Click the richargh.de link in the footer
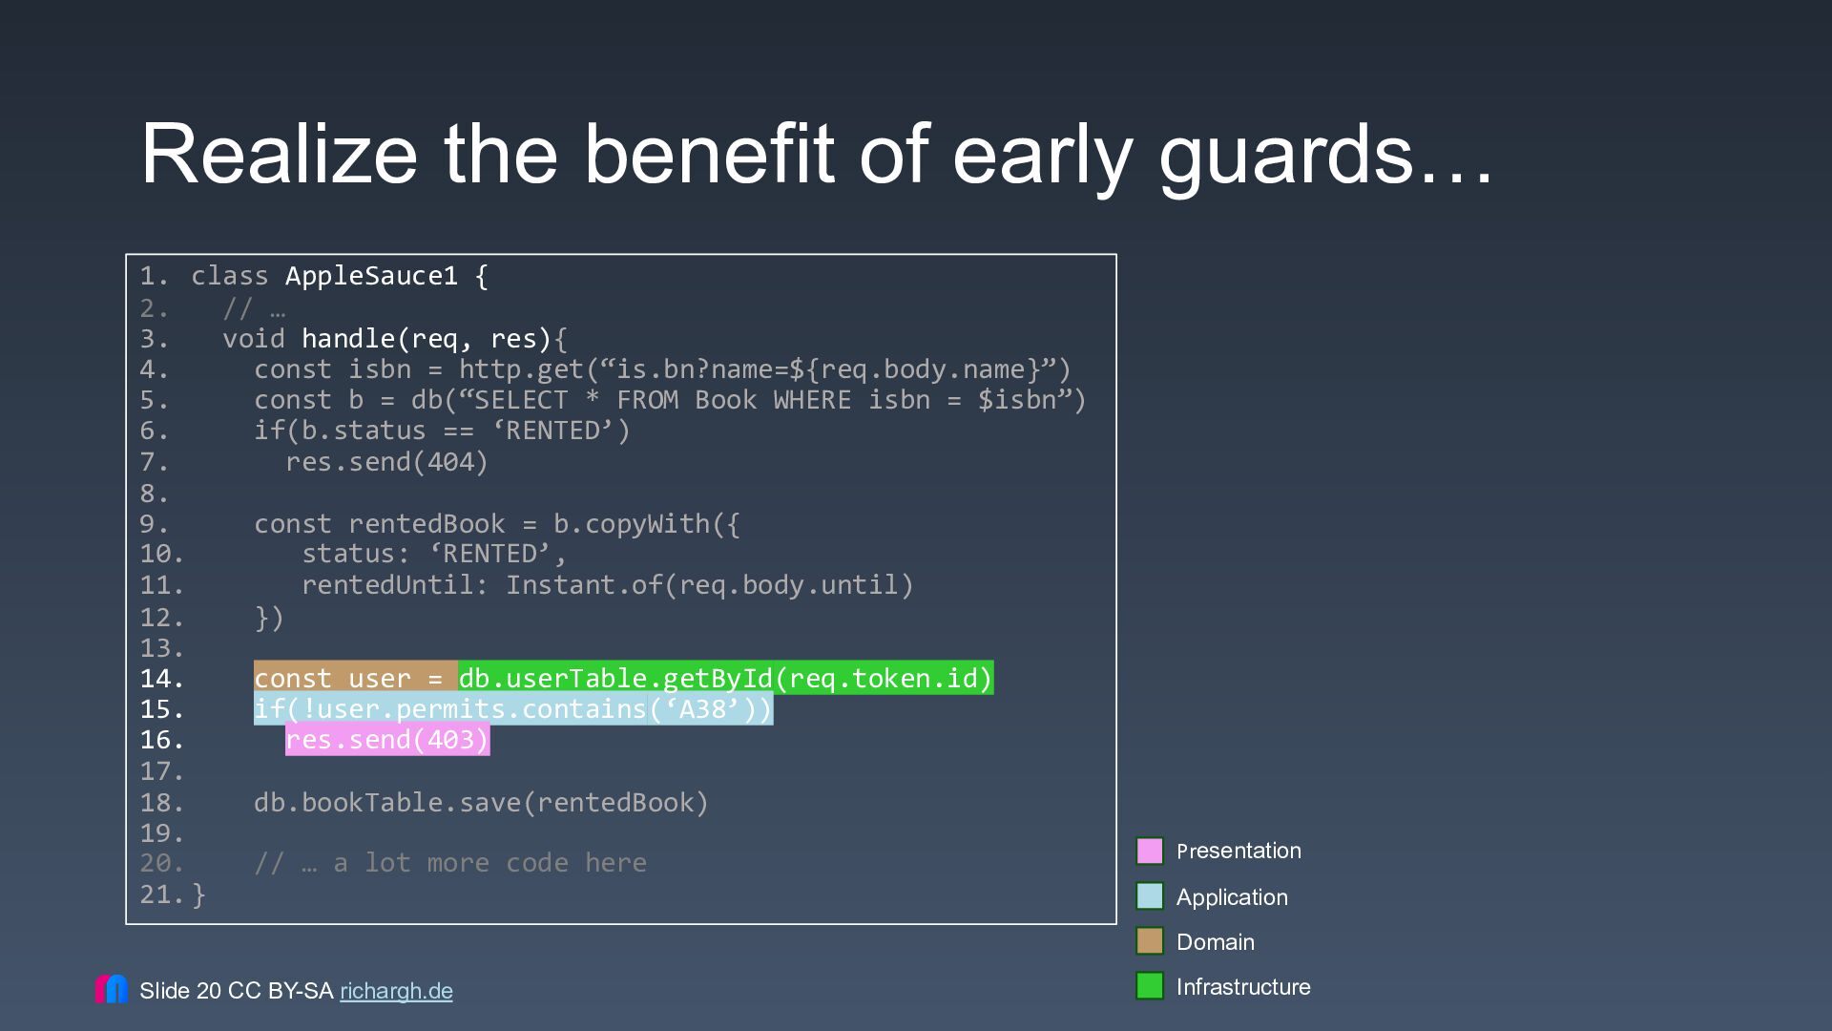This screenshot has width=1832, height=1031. [x=396, y=991]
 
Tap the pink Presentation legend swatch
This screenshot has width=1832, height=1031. [x=1150, y=851]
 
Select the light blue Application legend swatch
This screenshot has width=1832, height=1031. [x=1150, y=896]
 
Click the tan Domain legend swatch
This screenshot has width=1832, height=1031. [x=1150, y=941]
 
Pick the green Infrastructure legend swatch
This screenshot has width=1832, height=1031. [x=1150, y=986]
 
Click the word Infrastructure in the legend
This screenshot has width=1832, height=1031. [x=1243, y=987]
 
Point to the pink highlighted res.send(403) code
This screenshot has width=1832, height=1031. [x=387, y=740]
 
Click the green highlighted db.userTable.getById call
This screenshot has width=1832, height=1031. [x=726, y=678]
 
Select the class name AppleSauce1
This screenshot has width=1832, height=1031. [x=371, y=277]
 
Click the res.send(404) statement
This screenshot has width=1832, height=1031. [x=386, y=462]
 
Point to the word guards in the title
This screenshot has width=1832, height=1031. [x=1285, y=155]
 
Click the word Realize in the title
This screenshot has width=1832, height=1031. [x=279, y=154]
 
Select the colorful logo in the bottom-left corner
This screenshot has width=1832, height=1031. [x=112, y=989]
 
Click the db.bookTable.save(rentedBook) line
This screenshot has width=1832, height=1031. [x=482, y=803]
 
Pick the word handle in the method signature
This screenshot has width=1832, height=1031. [x=348, y=339]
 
